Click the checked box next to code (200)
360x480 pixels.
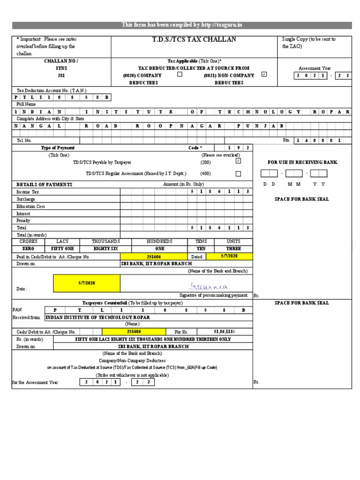click(238, 161)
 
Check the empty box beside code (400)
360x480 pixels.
click(238, 173)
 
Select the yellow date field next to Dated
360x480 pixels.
click(229, 256)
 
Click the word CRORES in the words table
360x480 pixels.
click(28, 241)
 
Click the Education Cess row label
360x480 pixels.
click(31, 206)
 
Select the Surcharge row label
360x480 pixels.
click(26, 199)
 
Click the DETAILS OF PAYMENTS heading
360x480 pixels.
click(44, 185)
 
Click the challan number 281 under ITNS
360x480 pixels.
click(61, 75)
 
